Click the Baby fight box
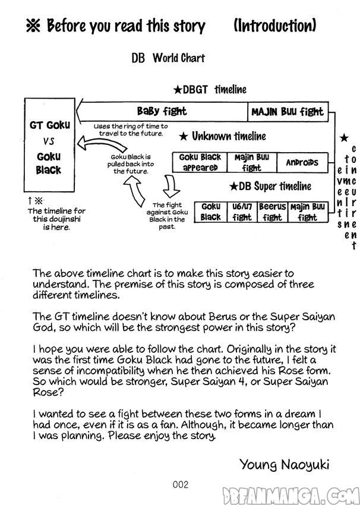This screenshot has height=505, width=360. point(162,111)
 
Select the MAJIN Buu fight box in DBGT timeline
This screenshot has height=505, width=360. point(287,111)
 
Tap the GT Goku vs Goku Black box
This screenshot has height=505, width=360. point(50,145)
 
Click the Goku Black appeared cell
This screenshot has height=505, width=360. point(200,162)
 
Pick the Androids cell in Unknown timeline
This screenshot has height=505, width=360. point(302,162)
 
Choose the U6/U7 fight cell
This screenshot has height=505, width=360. point(242,212)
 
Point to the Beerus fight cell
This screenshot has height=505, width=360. point(272,212)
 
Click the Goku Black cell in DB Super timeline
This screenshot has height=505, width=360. point(210,212)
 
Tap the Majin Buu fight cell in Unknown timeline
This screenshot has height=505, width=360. point(251,162)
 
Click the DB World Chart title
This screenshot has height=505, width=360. point(168,58)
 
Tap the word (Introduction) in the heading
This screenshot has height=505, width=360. point(274,26)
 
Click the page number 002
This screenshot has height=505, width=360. point(181,484)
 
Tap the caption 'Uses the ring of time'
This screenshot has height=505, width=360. point(131,130)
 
